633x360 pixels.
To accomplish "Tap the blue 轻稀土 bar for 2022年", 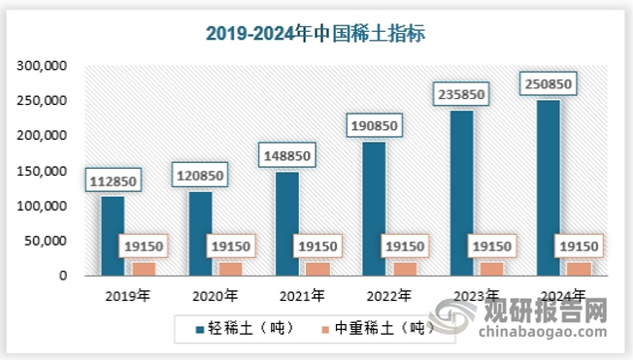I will (373, 209).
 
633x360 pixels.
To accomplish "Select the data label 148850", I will (286, 154).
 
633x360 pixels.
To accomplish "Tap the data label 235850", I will (460, 94).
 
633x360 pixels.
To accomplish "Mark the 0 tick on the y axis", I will (62, 276).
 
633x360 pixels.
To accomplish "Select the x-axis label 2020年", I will (216, 295).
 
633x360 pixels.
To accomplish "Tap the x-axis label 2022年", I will (389, 295).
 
